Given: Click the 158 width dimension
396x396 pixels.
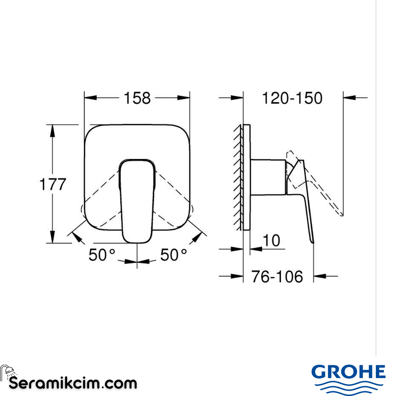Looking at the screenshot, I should point(137,98).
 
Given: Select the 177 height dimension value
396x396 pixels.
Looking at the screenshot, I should point(52,184).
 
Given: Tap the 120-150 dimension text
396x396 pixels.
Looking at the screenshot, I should point(292,98).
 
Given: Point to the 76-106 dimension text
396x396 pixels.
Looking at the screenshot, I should point(277,276).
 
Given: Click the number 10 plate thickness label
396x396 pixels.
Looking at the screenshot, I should point(272,241).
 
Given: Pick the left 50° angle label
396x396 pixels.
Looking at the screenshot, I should point(102,255).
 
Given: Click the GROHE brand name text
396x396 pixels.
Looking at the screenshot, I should point(348,373).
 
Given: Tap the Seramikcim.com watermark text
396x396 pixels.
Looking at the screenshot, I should point(73,384).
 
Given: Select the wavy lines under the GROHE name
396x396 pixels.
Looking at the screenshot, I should point(348,387).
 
